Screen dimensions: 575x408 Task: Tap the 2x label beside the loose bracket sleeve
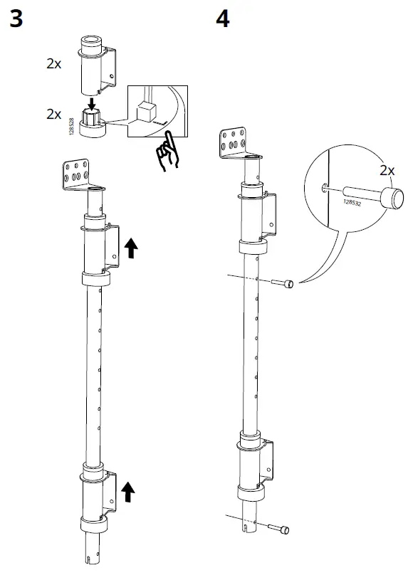pos(54,63)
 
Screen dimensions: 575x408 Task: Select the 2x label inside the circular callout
pos(387,171)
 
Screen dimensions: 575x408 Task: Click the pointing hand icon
pos(168,151)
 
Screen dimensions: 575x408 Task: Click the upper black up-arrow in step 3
pos(132,248)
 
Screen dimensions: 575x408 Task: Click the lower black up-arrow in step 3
pos(128,490)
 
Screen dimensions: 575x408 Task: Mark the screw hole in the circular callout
pos(325,188)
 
